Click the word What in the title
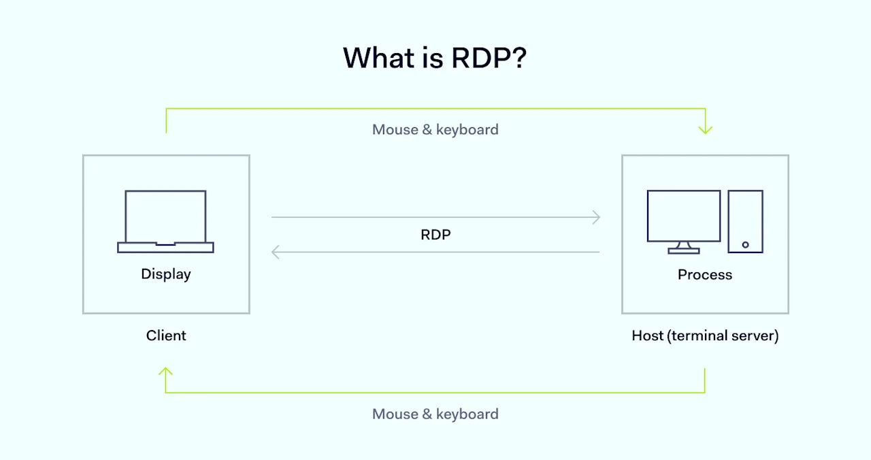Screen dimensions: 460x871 tap(381, 59)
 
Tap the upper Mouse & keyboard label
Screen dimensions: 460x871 tap(435, 129)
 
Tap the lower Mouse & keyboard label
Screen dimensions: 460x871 tap(435, 414)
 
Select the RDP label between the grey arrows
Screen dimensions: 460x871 tap(435, 235)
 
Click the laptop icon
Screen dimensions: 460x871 tap(165, 222)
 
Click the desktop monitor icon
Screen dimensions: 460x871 tap(683, 216)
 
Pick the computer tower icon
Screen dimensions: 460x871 tap(745, 221)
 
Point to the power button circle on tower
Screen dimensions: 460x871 tap(745, 244)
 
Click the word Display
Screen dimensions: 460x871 tap(165, 274)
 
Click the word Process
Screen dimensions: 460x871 tap(705, 275)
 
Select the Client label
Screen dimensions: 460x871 tap(165, 335)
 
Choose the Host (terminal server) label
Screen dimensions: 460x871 tap(705, 335)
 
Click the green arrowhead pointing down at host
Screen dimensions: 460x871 tap(705, 129)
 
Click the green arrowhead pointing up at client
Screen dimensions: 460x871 tap(165, 372)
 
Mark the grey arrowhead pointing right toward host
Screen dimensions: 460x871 tap(596, 218)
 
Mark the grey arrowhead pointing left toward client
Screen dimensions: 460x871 tap(276, 252)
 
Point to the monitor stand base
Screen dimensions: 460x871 tap(683, 251)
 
